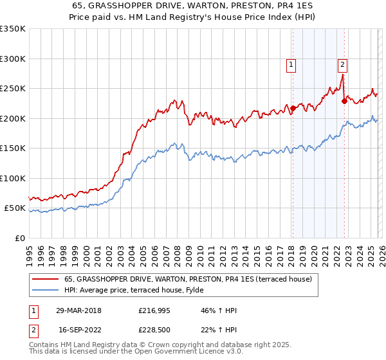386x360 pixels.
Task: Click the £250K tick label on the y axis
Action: [x=13, y=89]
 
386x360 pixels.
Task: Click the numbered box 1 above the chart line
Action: [x=291, y=64]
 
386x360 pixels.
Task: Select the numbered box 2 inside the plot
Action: [x=342, y=64]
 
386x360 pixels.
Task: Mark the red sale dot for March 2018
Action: [x=293, y=108]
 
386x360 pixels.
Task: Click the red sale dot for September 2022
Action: [x=344, y=101]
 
